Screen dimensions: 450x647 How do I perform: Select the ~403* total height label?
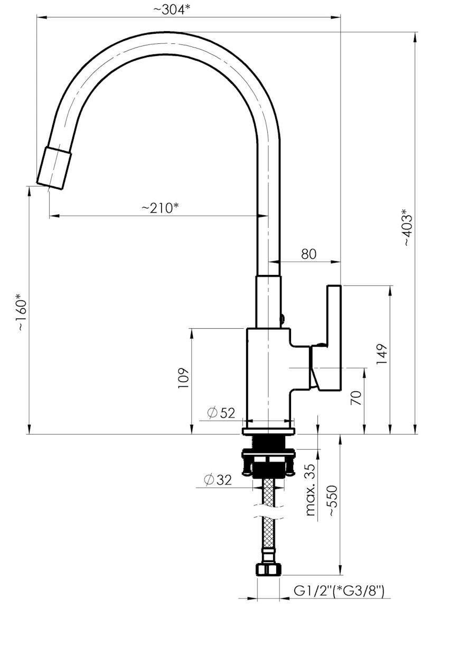point(409,227)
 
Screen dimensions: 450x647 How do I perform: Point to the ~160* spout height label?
point(22,312)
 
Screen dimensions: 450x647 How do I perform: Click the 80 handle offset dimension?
point(308,254)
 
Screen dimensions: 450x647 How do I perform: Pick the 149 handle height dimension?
point(381,354)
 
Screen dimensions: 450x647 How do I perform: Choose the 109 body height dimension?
point(183,378)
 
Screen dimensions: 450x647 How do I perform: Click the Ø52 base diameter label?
point(221,413)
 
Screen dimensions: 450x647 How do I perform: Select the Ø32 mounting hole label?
point(218,480)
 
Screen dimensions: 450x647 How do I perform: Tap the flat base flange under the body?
point(269,431)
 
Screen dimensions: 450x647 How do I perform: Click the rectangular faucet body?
point(269,378)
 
